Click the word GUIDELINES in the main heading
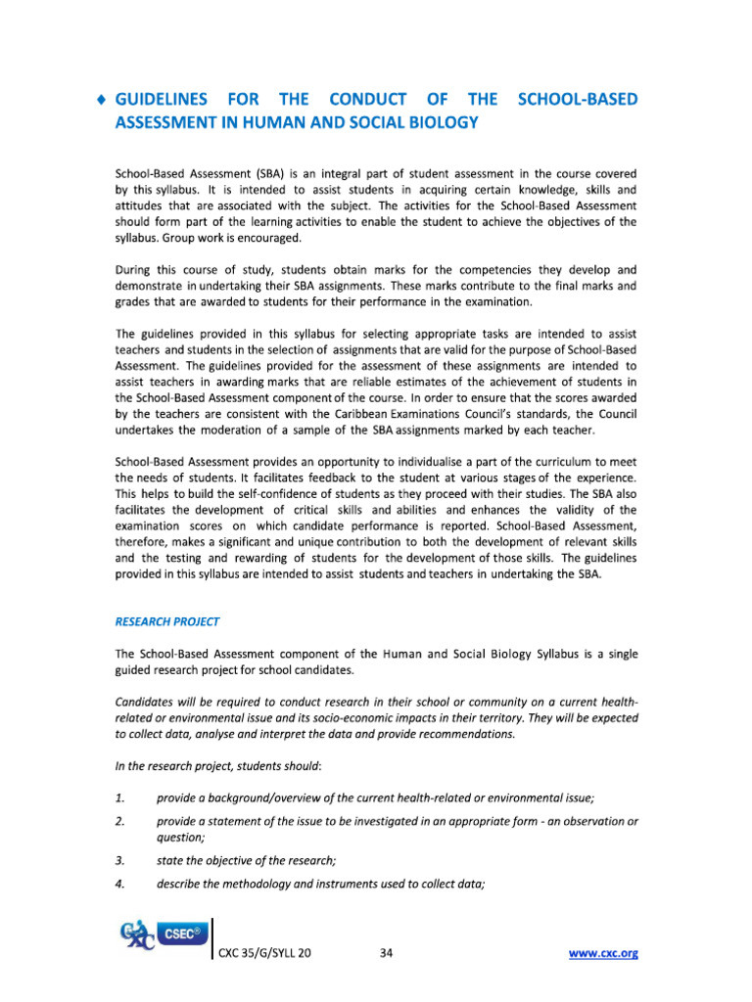(x=163, y=99)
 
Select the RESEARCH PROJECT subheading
(x=167, y=621)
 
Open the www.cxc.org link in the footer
(x=602, y=952)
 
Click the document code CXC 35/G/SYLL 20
(x=266, y=952)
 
